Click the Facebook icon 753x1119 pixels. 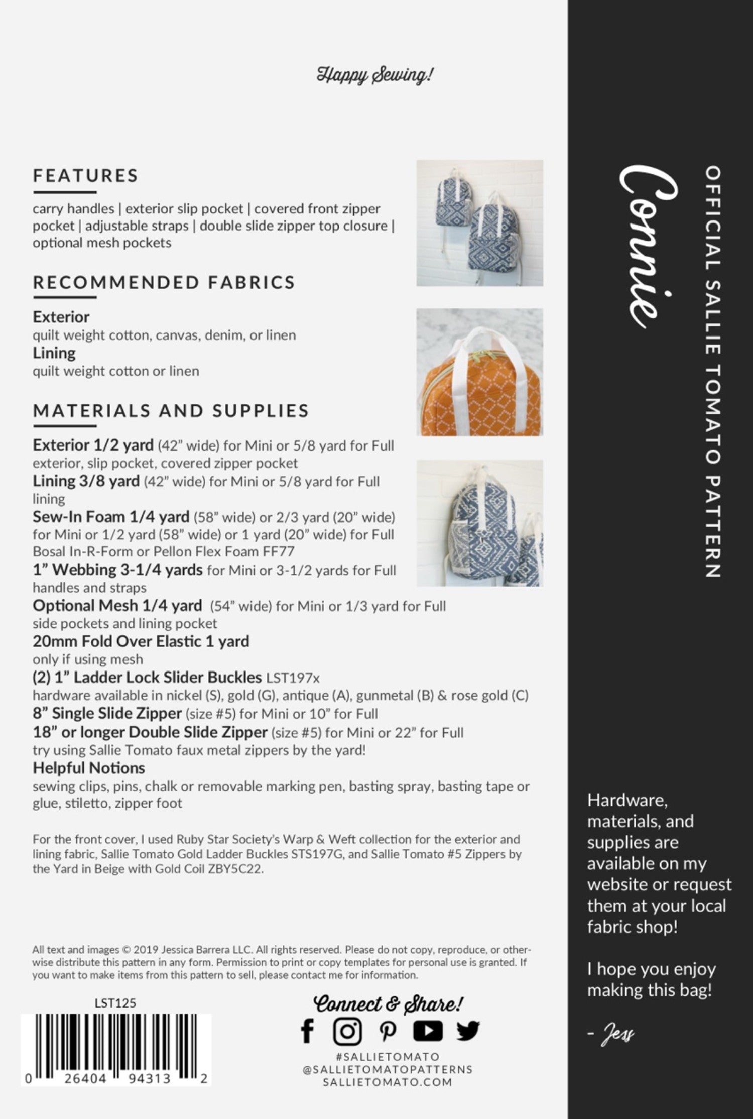click(307, 1032)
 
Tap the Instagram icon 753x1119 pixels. click(347, 1032)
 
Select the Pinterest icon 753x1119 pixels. click(388, 1032)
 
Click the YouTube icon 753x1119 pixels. click(428, 1032)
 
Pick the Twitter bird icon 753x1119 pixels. click(468, 1032)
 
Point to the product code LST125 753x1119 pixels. click(115, 1003)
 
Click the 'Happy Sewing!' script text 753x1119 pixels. click(374, 75)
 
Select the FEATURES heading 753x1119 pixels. click(85, 176)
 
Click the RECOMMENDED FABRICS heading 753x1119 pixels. click(164, 282)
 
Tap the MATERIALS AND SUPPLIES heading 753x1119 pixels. click(171, 411)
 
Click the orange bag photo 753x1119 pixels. click(479, 372)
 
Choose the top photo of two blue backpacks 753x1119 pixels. click(479, 223)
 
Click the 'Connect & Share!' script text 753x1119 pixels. click(388, 1004)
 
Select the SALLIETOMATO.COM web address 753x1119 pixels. click(388, 1081)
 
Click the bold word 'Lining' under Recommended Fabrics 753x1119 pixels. click(54, 353)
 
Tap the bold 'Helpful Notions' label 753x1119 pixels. click(89, 768)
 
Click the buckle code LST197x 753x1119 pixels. click(293, 678)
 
